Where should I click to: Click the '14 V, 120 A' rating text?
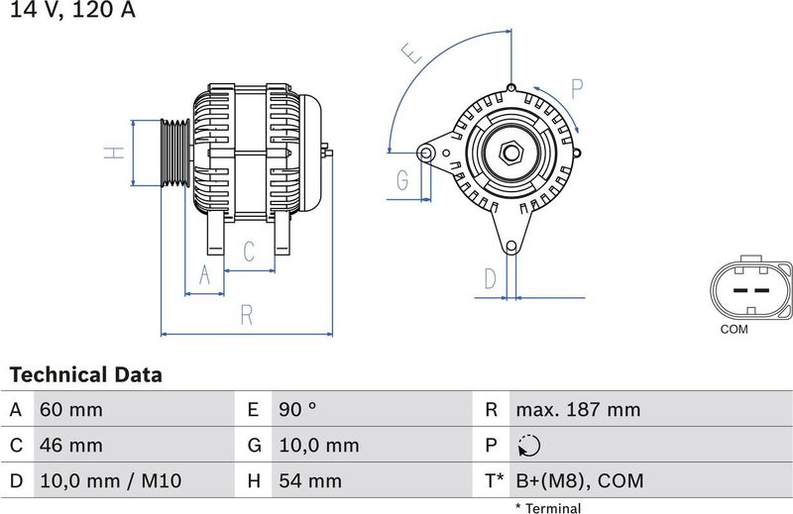[x=68, y=12]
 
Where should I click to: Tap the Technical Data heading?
[x=85, y=375]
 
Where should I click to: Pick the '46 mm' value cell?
[x=70, y=446]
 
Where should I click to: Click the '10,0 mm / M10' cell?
[x=110, y=481]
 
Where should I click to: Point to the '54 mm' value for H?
[x=309, y=481]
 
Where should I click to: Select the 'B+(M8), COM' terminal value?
[x=579, y=481]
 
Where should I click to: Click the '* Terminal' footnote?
[x=547, y=508]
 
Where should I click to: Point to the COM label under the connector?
[x=735, y=329]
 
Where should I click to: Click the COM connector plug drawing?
[x=750, y=288]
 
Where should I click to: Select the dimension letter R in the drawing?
[x=247, y=315]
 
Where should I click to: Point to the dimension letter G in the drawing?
[x=402, y=179]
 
